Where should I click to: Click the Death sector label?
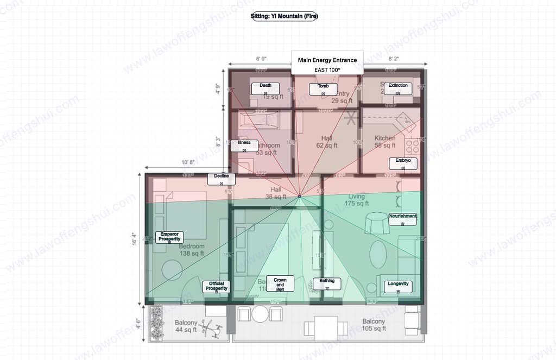[x=266, y=89]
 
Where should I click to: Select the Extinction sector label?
[x=398, y=89]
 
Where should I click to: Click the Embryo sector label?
[x=403, y=163]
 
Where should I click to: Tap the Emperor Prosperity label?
[x=169, y=237]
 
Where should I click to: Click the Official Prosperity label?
[x=217, y=287]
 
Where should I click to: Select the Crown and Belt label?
[x=280, y=283]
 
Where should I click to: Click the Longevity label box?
[x=398, y=287]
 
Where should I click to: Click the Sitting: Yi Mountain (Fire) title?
[x=284, y=16]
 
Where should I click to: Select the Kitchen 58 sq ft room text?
[x=385, y=142]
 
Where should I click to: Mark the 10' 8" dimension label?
[x=188, y=162]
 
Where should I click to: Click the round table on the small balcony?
[x=260, y=313]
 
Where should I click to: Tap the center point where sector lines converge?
[x=299, y=196]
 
